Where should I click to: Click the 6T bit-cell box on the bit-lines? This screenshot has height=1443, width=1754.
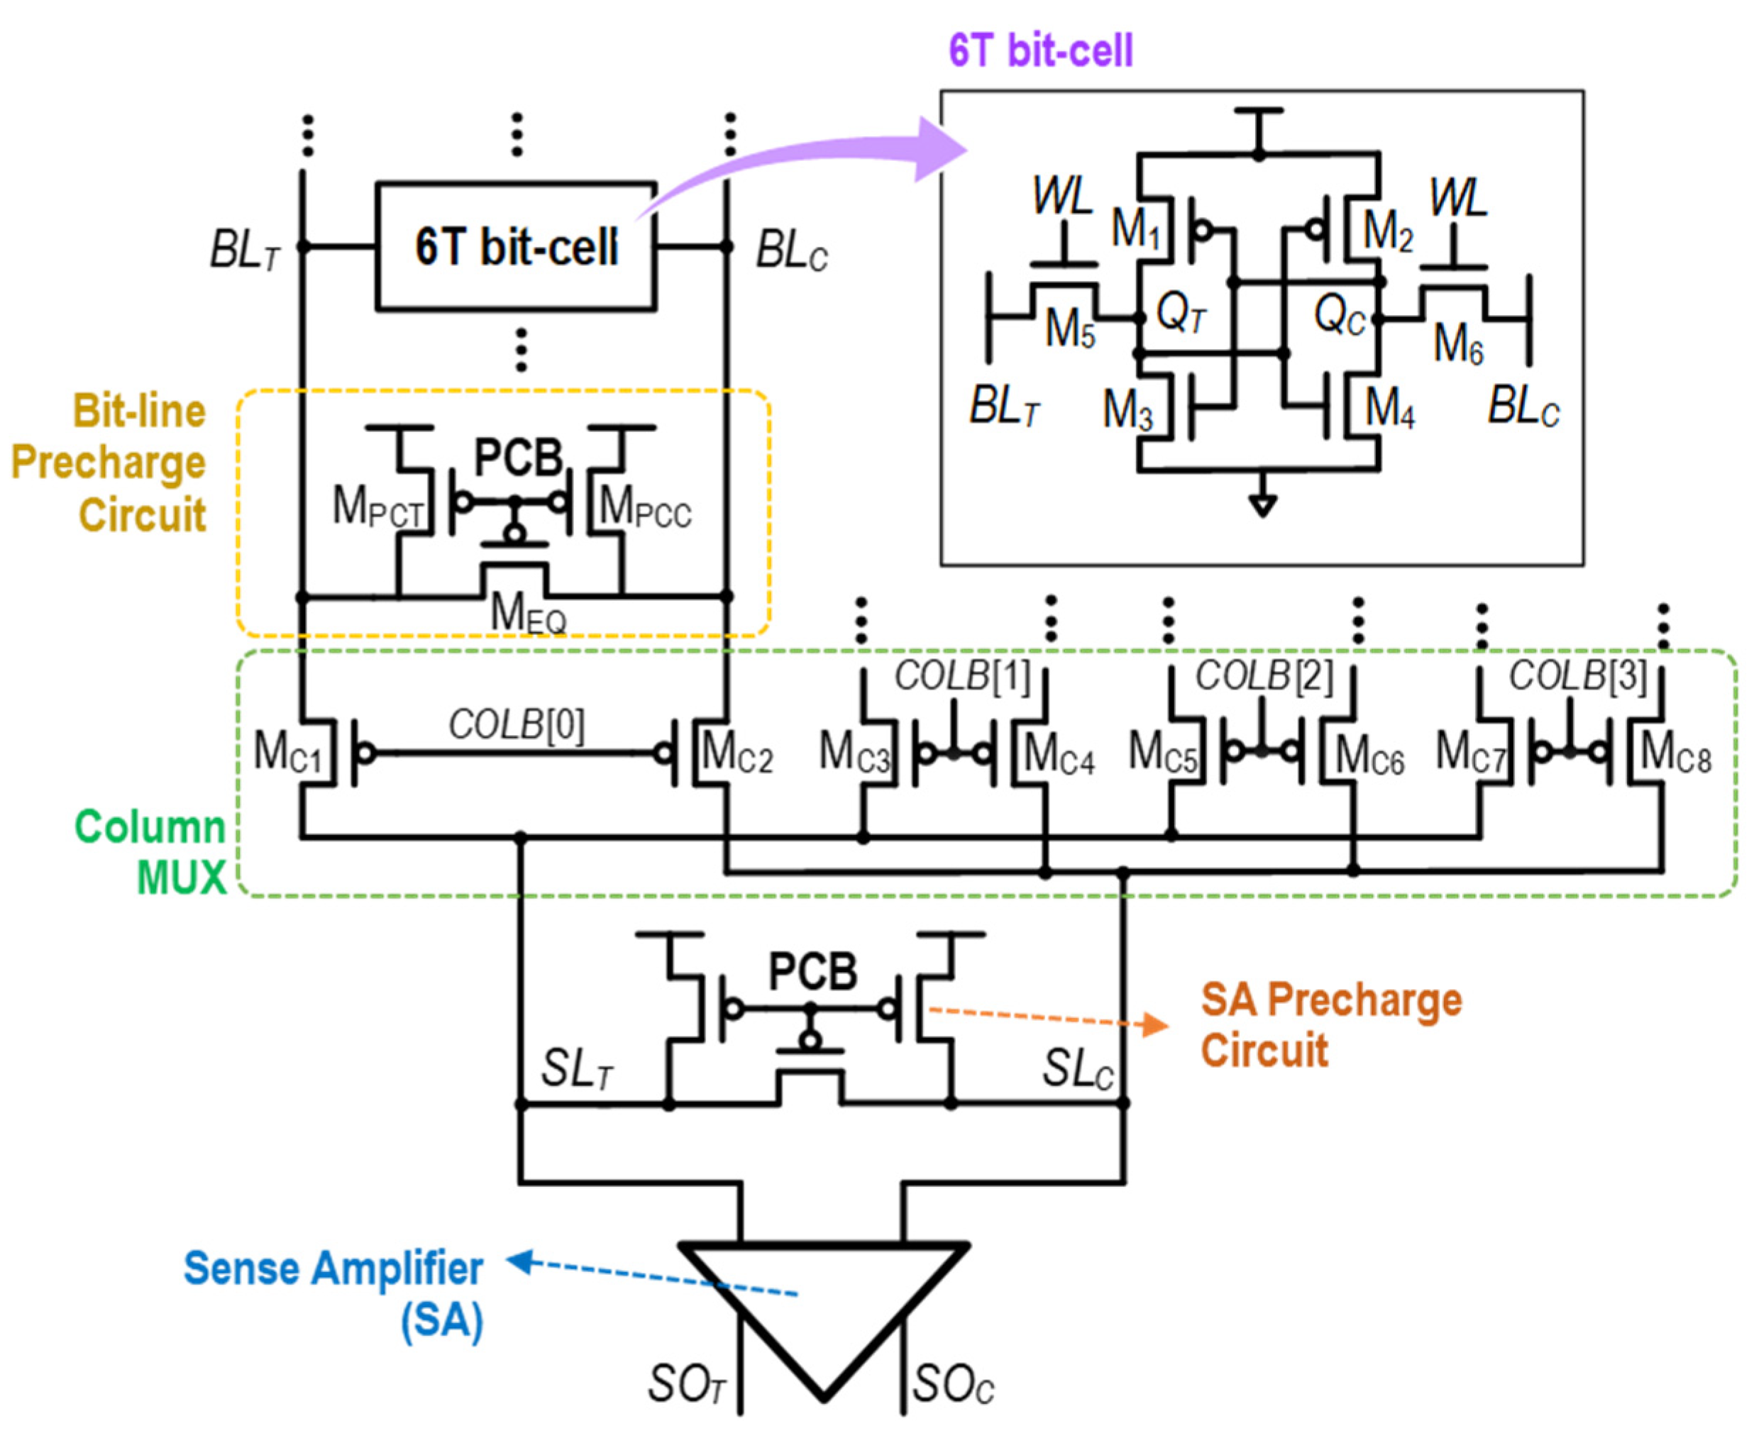[515, 246]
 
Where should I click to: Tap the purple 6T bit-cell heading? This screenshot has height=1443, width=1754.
[1040, 50]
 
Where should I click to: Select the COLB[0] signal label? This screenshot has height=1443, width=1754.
[515, 725]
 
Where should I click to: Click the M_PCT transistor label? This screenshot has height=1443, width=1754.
[377, 507]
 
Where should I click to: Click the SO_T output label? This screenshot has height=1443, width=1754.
[686, 1386]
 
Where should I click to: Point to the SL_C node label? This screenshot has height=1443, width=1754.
[1077, 1068]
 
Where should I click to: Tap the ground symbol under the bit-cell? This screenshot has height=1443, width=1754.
[1262, 504]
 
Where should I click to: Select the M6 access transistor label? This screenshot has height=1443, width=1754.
[1458, 343]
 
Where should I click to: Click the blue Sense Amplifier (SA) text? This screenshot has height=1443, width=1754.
[333, 1293]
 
